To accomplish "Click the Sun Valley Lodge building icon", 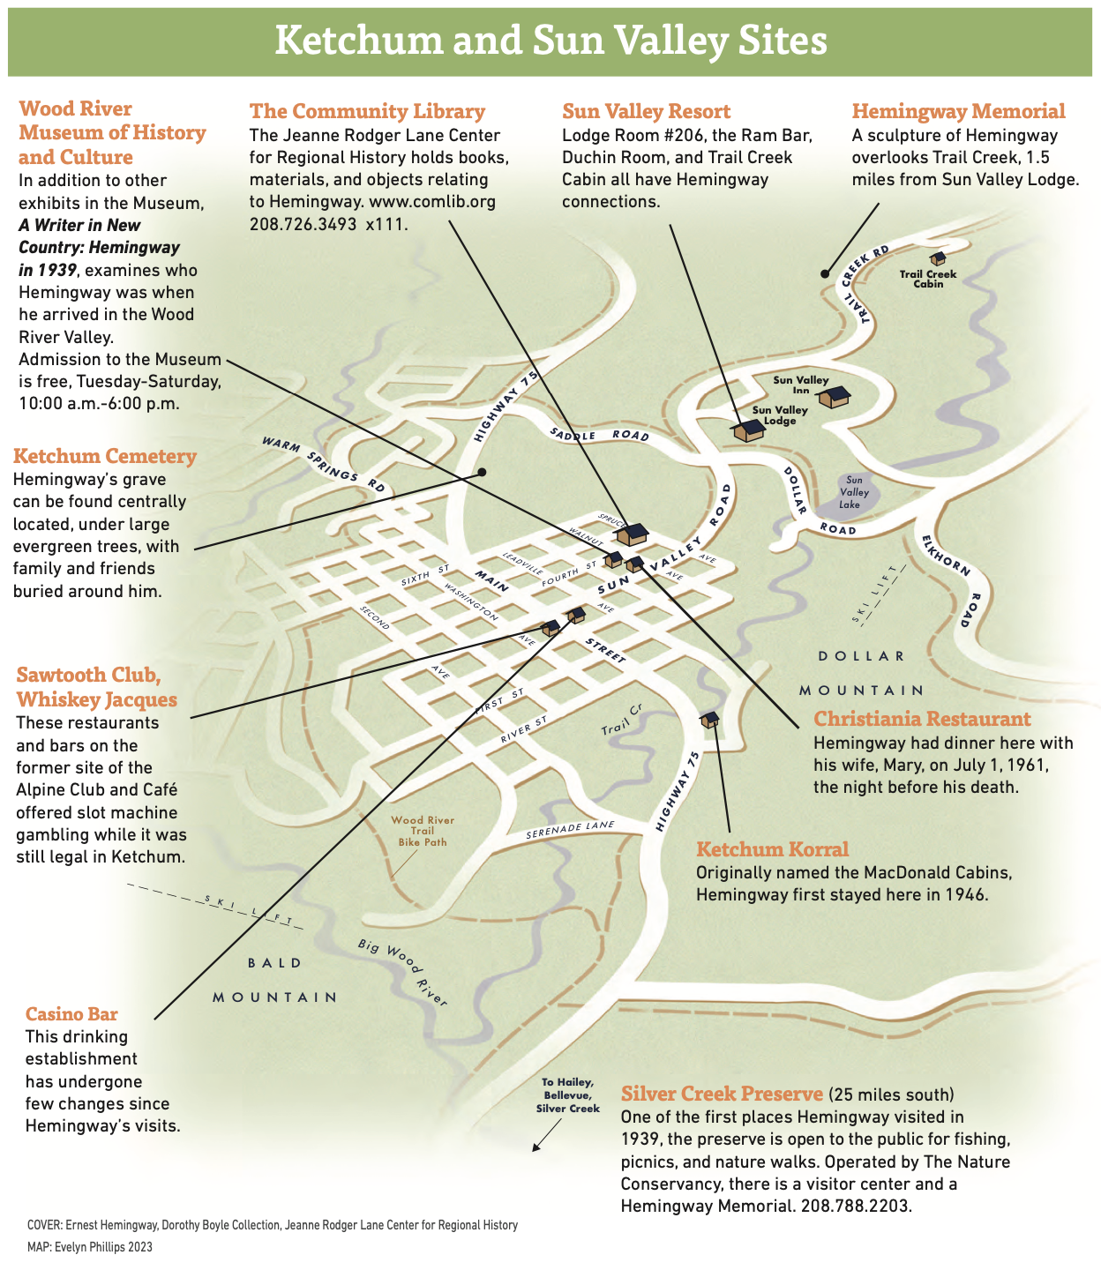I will pyautogui.click(x=748, y=430).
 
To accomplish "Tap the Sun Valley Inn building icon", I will pyautogui.click(x=834, y=397).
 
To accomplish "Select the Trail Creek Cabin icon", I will pyautogui.click(x=938, y=258).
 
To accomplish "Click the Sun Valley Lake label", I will pyautogui.click(x=850, y=492).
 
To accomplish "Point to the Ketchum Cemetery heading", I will pyautogui.click(x=105, y=456).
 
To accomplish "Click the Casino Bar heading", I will pyautogui.click(x=71, y=1014).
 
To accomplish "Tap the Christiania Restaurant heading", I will pyautogui.click(x=922, y=719).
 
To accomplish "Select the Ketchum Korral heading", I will pyautogui.click(x=772, y=849).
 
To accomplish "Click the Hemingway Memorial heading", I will pyautogui.click(x=958, y=111).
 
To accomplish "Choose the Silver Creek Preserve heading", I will pyautogui.click(x=722, y=1094).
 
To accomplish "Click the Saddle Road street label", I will pyautogui.click(x=599, y=435).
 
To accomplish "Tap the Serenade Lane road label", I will pyautogui.click(x=570, y=830).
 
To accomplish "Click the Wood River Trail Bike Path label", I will pyautogui.click(x=423, y=831).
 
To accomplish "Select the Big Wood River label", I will pyautogui.click(x=403, y=972).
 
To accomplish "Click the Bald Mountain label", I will pyautogui.click(x=275, y=980).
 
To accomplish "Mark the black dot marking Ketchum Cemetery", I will pyautogui.click(x=482, y=472).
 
